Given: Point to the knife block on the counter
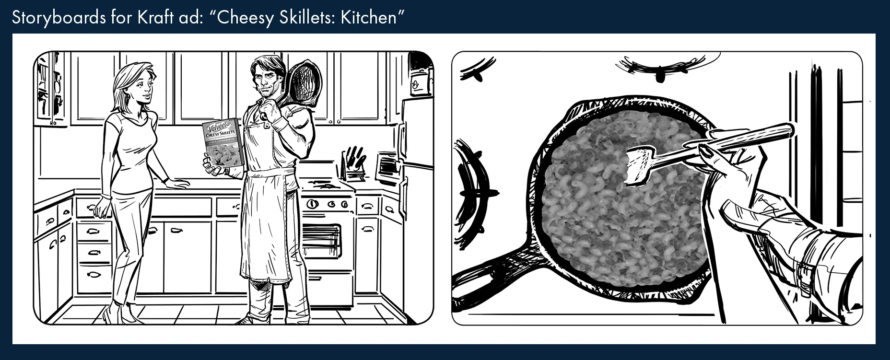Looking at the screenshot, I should (x=353, y=163).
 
